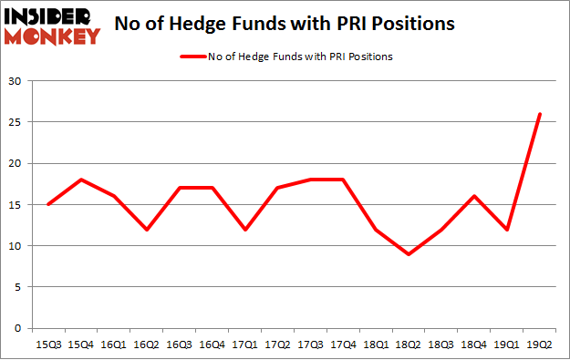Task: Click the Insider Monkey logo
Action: tap(52, 25)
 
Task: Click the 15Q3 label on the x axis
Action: tap(48, 345)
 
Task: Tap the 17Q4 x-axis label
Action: tap(343, 345)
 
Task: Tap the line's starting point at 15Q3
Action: tap(48, 204)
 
